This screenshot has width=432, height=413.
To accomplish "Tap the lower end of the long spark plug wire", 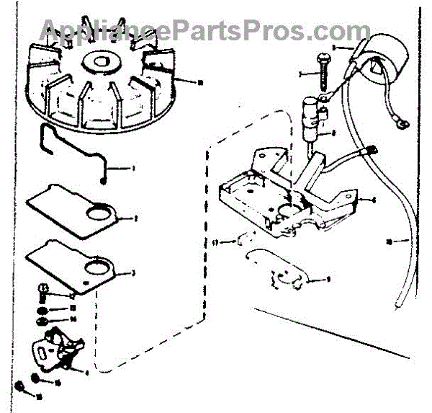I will pyautogui.click(x=398, y=303).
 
